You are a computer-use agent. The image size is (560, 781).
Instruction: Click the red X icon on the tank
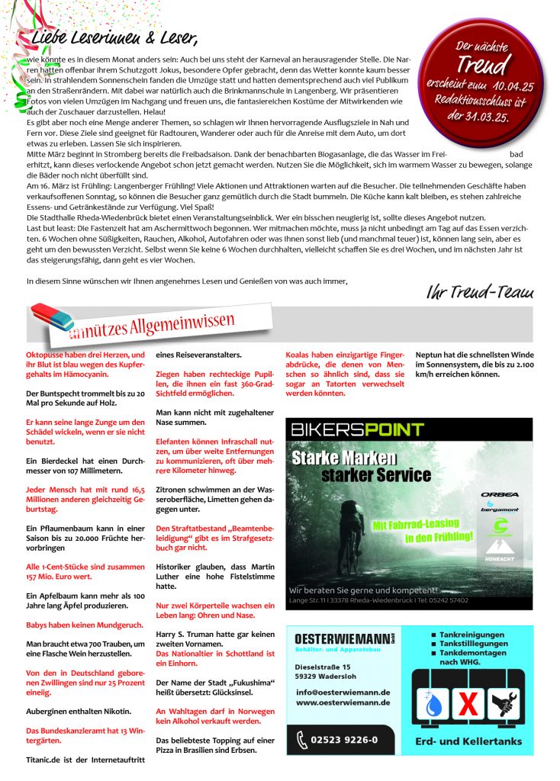point(468,705)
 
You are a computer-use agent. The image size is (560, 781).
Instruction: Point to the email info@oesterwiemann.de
point(343,692)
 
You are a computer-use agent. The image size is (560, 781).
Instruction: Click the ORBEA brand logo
point(500,494)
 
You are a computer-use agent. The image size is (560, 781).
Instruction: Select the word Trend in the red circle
point(481,63)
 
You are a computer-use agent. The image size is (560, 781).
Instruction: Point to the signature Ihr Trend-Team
point(480,292)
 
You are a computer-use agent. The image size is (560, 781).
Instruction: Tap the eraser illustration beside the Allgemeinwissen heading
point(53,317)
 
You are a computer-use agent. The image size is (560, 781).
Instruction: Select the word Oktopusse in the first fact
point(48,355)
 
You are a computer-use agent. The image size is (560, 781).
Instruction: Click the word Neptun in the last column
point(430,355)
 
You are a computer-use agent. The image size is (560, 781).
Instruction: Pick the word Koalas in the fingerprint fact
point(300,355)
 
